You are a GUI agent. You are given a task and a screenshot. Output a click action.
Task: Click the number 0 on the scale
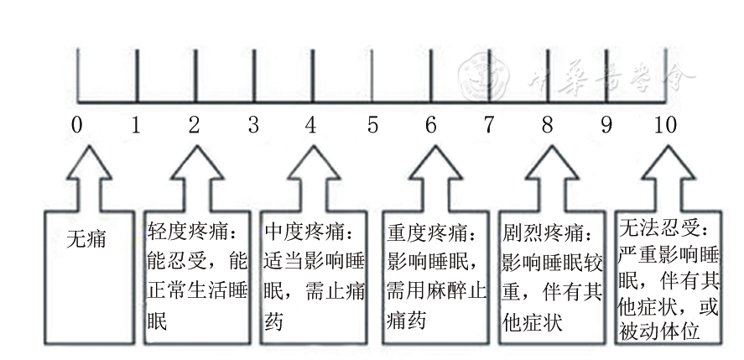pos(77,127)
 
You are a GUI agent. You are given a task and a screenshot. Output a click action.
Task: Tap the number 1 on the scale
pos(135,127)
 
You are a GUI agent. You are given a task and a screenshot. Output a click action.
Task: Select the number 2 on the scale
pos(194,127)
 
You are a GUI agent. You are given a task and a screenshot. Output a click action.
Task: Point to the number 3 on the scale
pos(253,127)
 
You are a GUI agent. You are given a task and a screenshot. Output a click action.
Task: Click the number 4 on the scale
pos(311,127)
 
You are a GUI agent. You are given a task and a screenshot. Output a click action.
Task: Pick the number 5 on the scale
pos(372,127)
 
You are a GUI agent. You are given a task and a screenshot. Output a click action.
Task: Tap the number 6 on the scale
pos(431,127)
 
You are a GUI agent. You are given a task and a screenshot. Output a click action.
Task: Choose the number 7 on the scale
pos(489,127)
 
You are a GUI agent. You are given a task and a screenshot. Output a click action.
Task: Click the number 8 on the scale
pos(548,127)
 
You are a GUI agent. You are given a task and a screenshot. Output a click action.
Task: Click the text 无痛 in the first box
pos(86,239)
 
